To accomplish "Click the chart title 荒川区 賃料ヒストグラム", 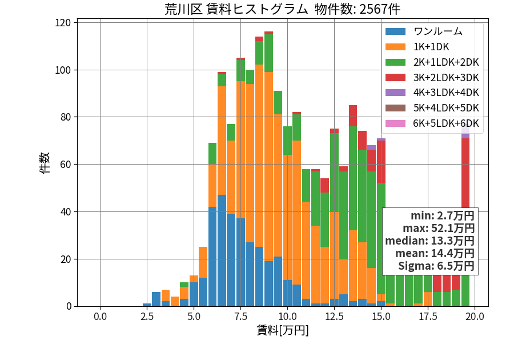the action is [x=236, y=9].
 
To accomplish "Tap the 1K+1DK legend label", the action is [x=431, y=47].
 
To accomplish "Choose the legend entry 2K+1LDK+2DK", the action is [x=446, y=62].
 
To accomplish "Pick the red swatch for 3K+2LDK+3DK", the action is [x=395, y=77].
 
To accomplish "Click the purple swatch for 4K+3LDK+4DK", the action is [x=395, y=93].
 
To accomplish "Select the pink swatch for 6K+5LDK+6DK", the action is [x=395, y=123].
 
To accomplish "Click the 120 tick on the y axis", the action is [x=63, y=23].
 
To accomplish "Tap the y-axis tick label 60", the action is [x=66, y=164].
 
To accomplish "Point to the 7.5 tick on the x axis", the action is [x=240, y=317].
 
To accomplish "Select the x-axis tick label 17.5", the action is [x=428, y=317].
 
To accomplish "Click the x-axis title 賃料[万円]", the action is [x=283, y=330].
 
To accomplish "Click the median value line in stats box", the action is [x=429, y=241].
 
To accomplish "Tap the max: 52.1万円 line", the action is [x=439, y=228].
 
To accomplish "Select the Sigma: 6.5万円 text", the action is [x=436, y=266].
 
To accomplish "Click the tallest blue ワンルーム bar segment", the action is [x=222, y=250].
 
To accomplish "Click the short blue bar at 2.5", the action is [x=147, y=305].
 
